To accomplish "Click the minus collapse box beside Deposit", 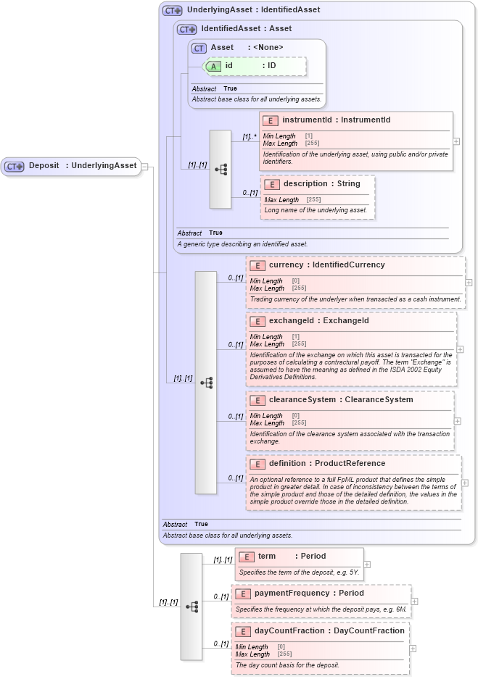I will pyautogui.click(x=144, y=166).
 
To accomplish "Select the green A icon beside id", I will pyautogui.click(x=213, y=66).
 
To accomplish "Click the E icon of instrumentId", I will pyautogui.click(x=271, y=120).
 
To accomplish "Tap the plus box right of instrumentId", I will pyautogui.click(x=456, y=141).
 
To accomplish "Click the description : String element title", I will pyautogui.click(x=321, y=184).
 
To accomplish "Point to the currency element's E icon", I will pyautogui.click(x=257, y=265).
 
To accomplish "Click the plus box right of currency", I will pyautogui.click(x=469, y=283).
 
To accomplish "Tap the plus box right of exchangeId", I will pyautogui.click(x=461, y=349).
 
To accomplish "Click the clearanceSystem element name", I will pyautogui.click(x=302, y=400).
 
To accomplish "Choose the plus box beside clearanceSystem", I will pyautogui.click(x=458, y=420).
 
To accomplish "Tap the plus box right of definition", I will pyautogui.click(x=465, y=483).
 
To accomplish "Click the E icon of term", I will pyautogui.click(x=247, y=557).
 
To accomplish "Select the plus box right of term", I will pyautogui.click(x=367, y=564).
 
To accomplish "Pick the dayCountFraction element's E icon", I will pyautogui.click(x=243, y=631).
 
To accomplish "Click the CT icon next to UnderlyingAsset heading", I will pyautogui.click(x=173, y=11).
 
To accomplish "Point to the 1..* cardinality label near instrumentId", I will pyautogui.click(x=250, y=136).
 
